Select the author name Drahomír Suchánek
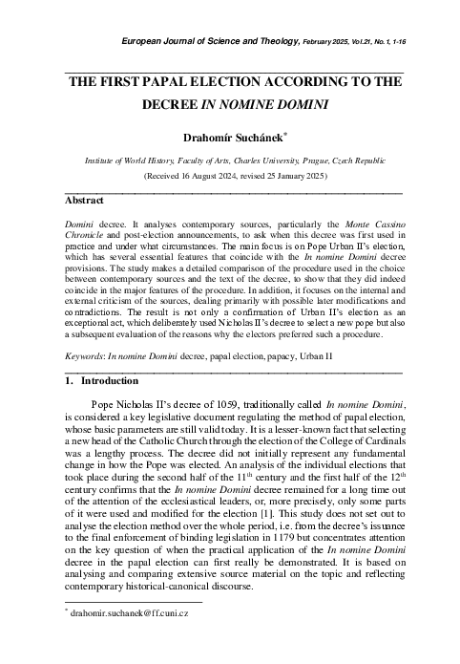point(230,139)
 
